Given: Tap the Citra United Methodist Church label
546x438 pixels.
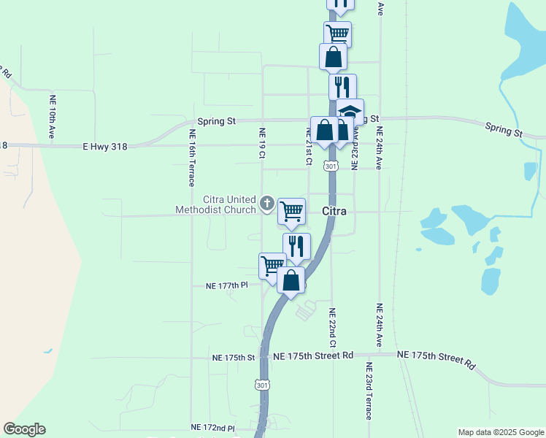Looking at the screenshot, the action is pos(216,204).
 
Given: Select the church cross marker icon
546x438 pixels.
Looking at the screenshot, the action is pos(267,204).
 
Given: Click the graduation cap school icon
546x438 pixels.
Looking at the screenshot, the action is pos(350,112).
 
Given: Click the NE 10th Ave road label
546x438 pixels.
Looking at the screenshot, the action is pos(53,117).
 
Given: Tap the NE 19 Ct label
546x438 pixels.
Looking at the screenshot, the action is pos(262,143).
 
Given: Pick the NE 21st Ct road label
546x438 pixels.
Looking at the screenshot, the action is pos(309,146).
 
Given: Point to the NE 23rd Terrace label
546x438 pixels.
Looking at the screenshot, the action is pos(368,391).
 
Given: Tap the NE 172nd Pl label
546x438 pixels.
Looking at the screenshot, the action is pos(212,427).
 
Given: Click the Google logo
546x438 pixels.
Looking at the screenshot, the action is pos(24,429).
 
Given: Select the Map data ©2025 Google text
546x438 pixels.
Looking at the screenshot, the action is pos(501,432).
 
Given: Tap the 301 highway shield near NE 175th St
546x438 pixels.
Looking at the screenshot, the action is pos(263,384).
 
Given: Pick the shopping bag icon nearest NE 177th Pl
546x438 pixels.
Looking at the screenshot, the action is pos(291,280).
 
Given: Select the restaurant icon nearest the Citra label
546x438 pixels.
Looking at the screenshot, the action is pos(296,246).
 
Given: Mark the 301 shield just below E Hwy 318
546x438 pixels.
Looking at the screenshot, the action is pos(331,166).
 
